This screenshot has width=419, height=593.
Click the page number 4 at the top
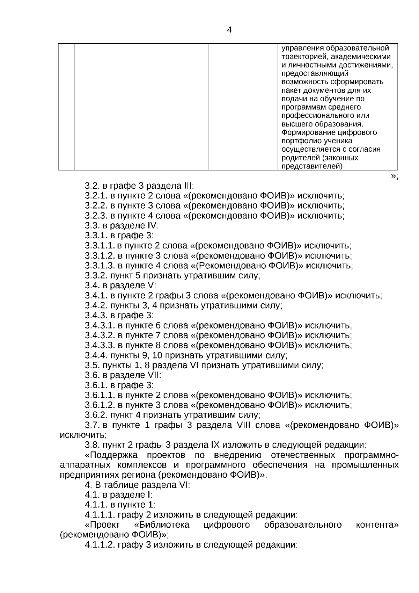point(229,30)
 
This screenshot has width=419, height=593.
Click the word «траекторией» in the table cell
point(302,57)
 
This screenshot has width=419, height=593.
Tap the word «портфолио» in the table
point(300,141)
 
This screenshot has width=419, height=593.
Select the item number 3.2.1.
point(96,196)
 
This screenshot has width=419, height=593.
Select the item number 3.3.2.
point(96,275)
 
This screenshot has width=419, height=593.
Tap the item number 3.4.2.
point(96,305)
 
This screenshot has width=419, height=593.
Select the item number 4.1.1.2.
point(100,545)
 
